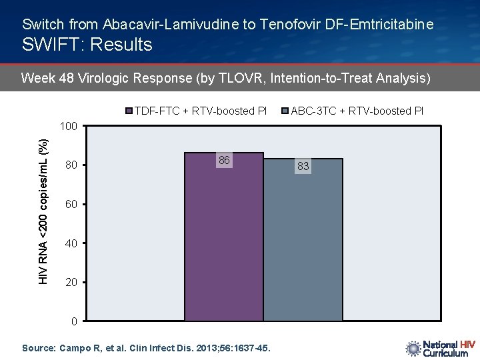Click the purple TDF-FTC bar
click(x=223, y=237)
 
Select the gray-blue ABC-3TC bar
click(x=303, y=240)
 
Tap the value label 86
click(x=224, y=161)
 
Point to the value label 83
click(x=303, y=167)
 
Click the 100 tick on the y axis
click(x=69, y=126)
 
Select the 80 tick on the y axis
click(x=71, y=165)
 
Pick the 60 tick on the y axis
click(x=71, y=204)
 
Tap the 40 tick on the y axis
click(x=71, y=243)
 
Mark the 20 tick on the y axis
click(x=71, y=283)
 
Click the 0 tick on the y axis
click(x=74, y=322)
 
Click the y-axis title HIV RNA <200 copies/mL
click(x=43, y=211)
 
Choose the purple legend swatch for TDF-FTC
click(x=130, y=111)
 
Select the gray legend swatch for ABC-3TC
click(x=286, y=111)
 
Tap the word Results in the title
click(x=123, y=45)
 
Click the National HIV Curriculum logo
click(x=440, y=349)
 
